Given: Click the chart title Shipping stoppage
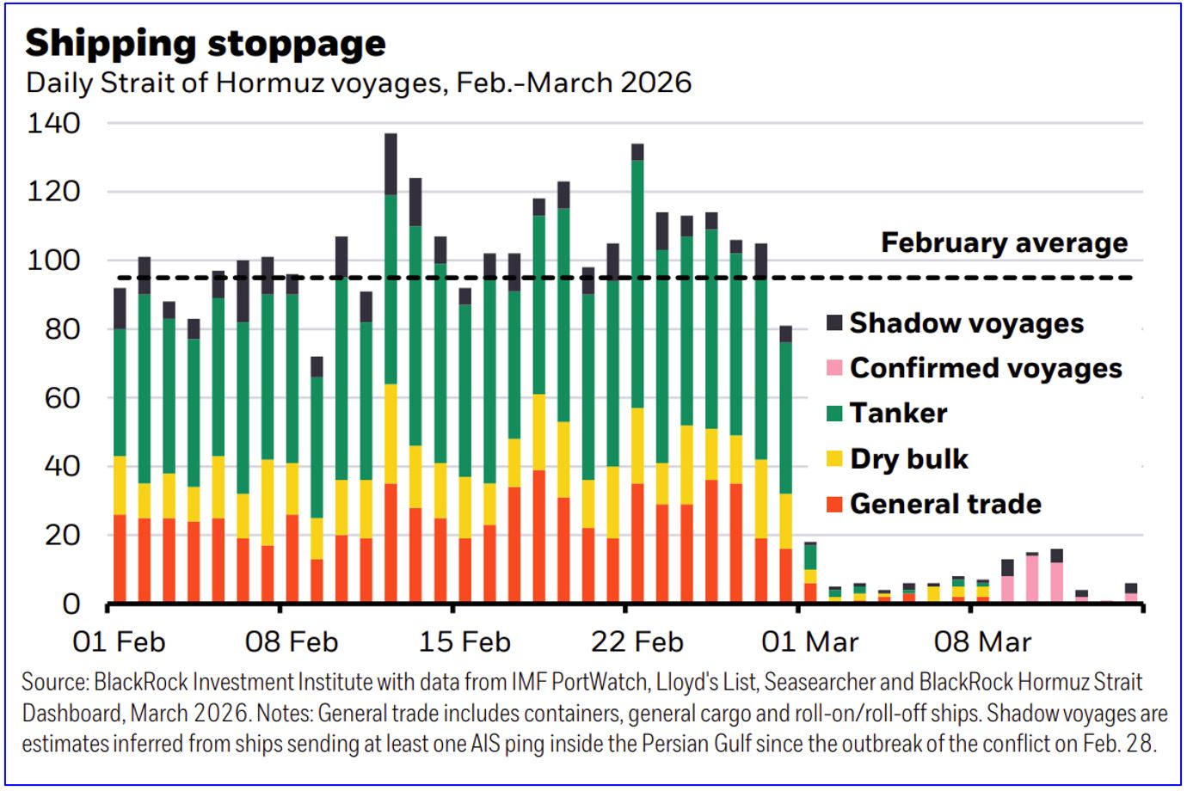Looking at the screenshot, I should (x=206, y=43).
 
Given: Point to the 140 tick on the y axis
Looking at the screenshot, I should (x=53, y=123).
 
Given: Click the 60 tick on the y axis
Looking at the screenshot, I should (x=53, y=397).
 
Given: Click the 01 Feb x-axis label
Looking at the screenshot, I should (x=119, y=641).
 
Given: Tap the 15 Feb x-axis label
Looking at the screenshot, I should (x=464, y=641).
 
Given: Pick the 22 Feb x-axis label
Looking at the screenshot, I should (x=637, y=641).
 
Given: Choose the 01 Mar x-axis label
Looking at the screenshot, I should (x=810, y=641).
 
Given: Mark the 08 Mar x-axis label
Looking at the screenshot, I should (x=982, y=641).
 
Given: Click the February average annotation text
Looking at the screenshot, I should (x=1004, y=243).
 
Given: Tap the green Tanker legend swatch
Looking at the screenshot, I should (x=834, y=414).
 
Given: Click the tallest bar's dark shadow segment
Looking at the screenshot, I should (x=391, y=164).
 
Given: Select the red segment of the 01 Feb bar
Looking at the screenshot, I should (x=120, y=558).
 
